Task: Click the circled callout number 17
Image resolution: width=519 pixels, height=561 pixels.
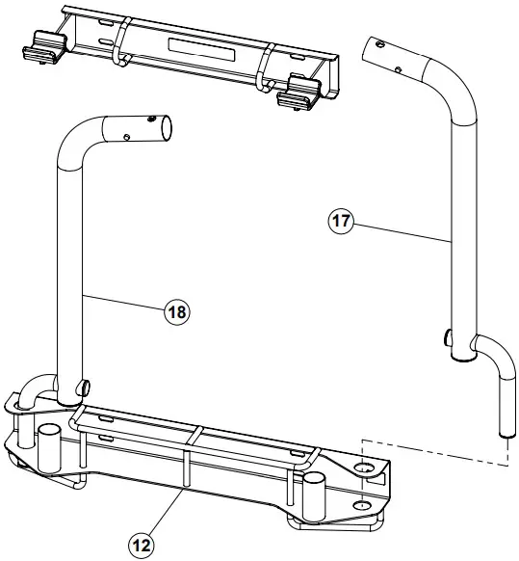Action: (340, 221)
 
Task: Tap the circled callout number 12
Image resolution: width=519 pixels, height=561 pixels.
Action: (142, 545)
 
